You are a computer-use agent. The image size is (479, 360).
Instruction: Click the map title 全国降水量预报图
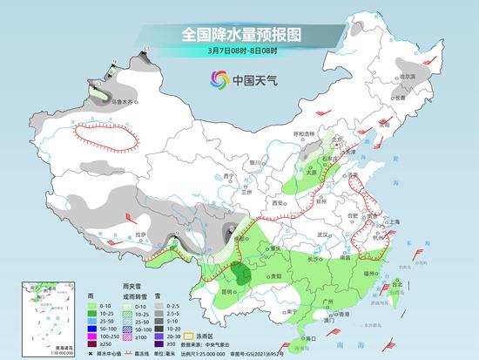pos(239,35)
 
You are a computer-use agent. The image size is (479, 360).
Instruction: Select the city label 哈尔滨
pos(406,77)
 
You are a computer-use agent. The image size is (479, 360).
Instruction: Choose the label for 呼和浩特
pos(304,134)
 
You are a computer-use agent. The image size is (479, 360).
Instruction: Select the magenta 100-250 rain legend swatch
pos(93,335)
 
